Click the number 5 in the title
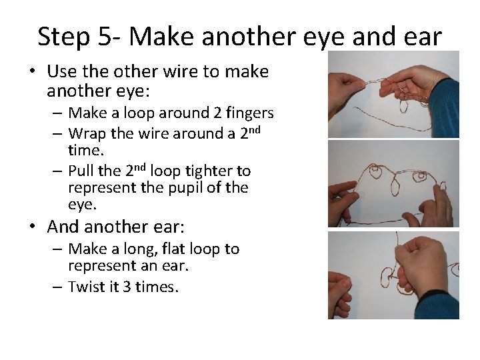pos(105,37)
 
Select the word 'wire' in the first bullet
pos(181,71)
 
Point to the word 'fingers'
pos(250,113)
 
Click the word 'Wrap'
pos(87,134)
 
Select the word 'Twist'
pos(84,287)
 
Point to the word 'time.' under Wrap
pos(86,150)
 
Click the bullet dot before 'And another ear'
pos(33,226)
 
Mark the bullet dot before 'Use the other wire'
pos(33,71)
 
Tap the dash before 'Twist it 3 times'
pos(57,287)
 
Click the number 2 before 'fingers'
pos(217,113)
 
